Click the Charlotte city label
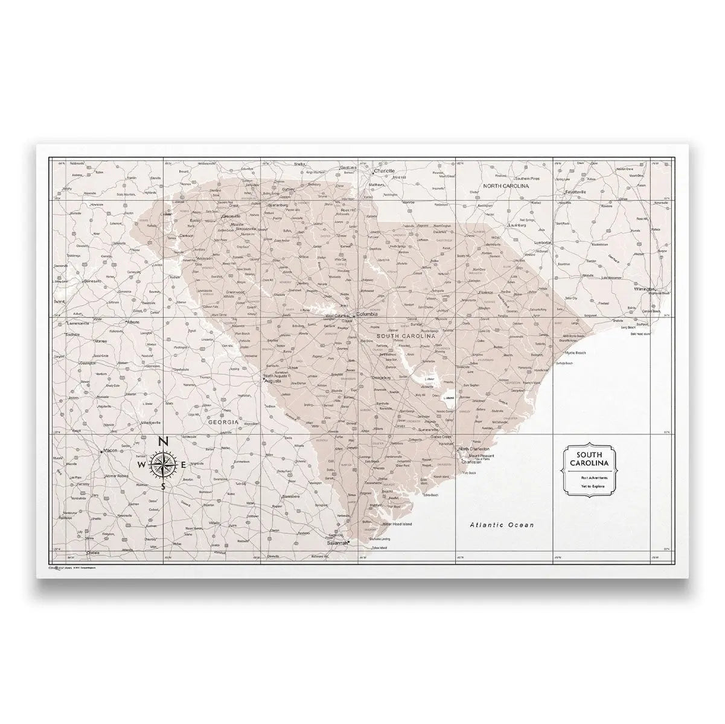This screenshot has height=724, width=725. pyautogui.click(x=384, y=171)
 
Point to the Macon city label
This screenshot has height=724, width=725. pyautogui.click(x=110, y=450)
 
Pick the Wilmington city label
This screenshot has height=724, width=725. pyautogui.click(x=645, y=289)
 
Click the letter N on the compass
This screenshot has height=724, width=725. pyautogui.click(x=163, y=442)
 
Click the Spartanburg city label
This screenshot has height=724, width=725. pyautogui.click(x=278, y=205)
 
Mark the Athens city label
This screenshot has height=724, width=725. pyautogui.click(x=133, y=322)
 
